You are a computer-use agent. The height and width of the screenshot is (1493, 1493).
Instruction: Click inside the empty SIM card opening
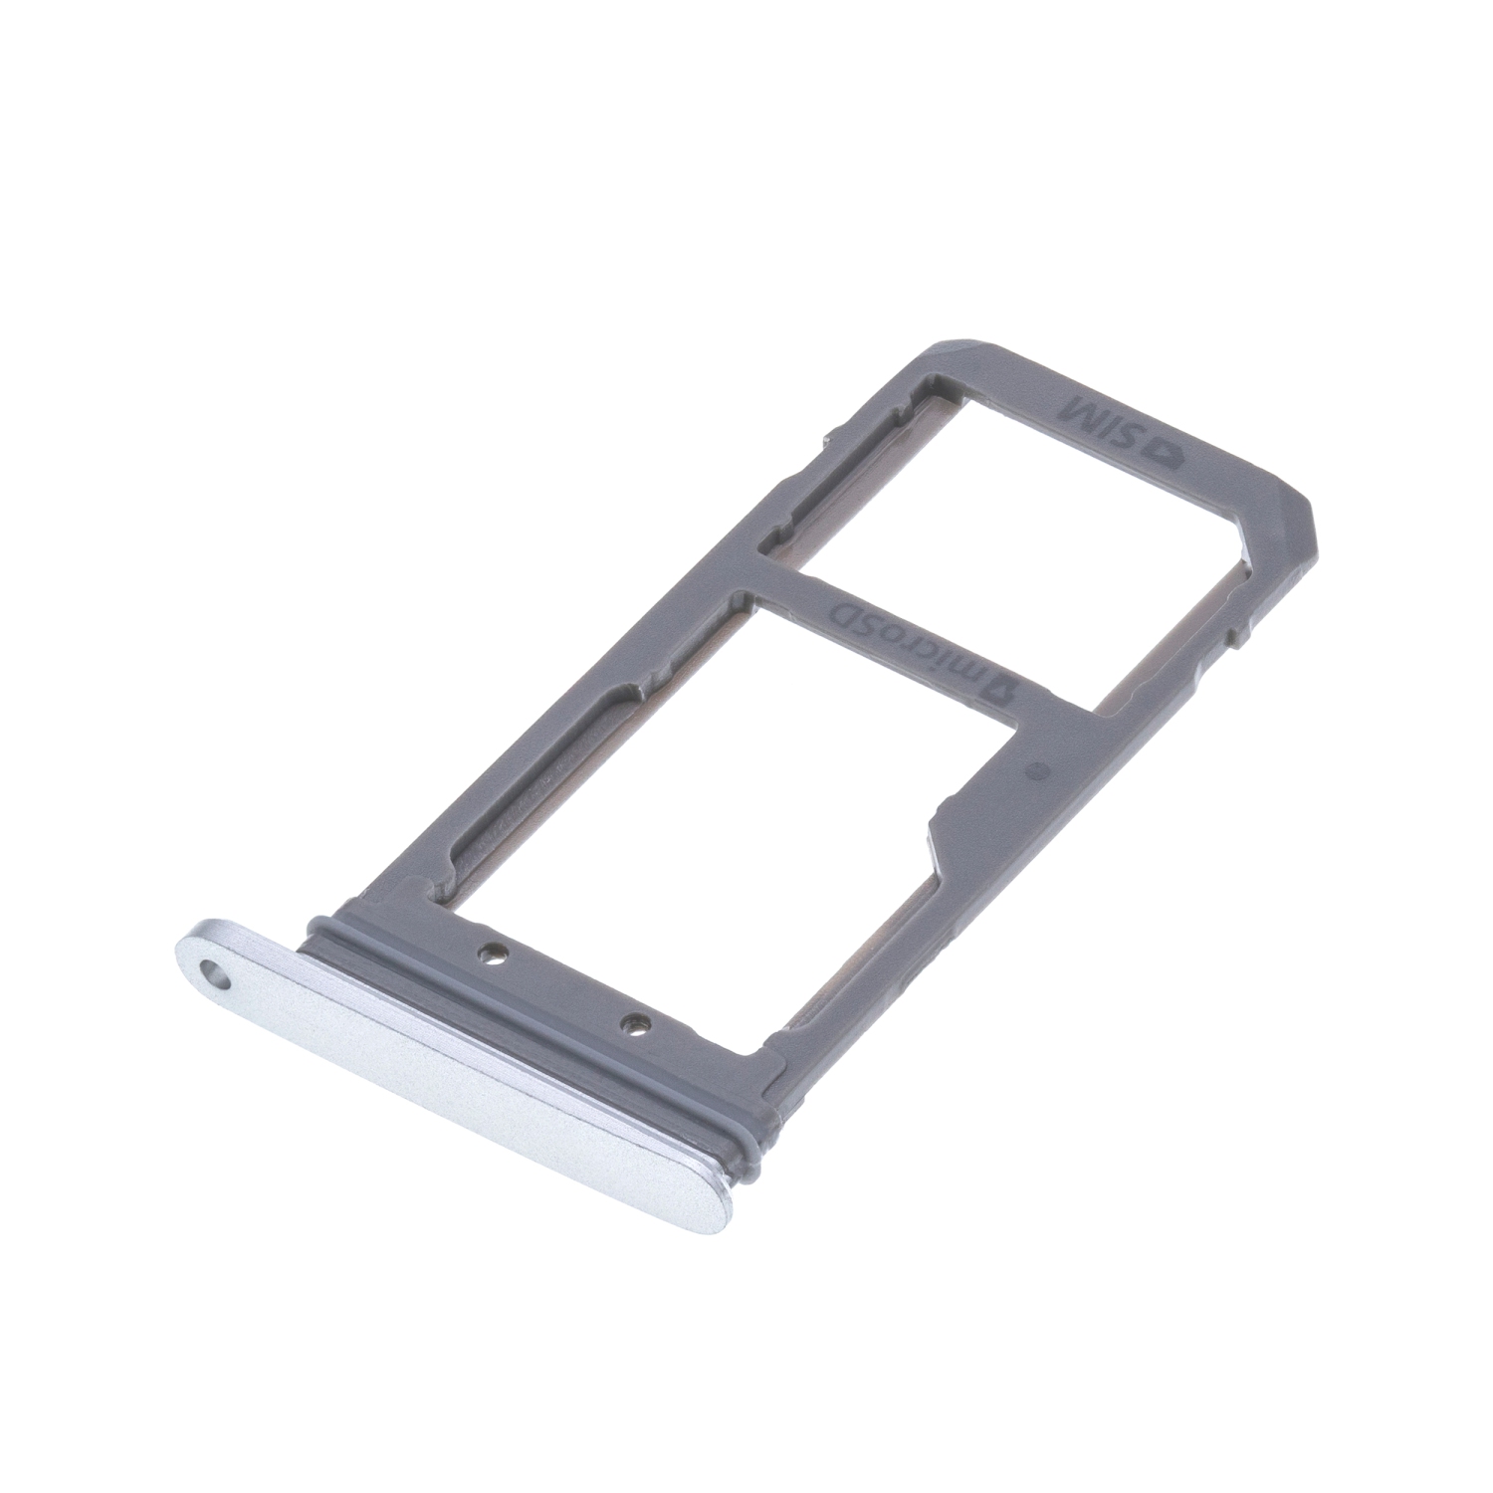click(x=1005, y=498)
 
